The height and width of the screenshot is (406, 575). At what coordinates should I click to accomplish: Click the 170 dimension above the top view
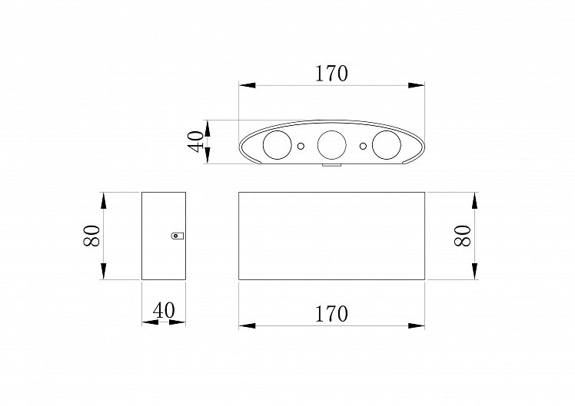331,74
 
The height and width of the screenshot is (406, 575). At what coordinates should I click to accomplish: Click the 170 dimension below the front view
331,314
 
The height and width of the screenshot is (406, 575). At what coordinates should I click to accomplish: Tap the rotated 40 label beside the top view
195,141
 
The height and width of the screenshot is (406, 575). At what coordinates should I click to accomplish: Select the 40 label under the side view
164,311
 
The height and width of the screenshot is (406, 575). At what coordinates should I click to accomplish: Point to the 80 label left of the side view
91,236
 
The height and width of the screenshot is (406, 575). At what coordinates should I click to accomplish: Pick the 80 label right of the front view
463,236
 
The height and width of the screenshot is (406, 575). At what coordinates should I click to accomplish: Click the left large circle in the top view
278,145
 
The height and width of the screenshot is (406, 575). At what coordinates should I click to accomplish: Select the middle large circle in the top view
332,145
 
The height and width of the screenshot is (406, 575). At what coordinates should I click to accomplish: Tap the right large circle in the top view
387,145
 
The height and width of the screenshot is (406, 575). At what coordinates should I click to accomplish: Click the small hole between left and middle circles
301,146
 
